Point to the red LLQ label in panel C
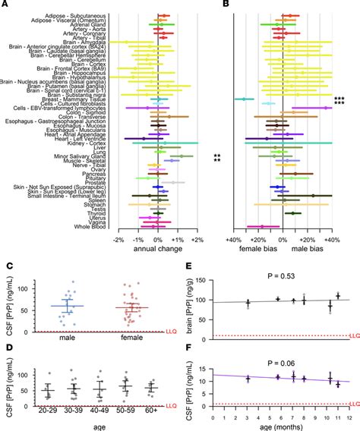coord(171,332)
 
